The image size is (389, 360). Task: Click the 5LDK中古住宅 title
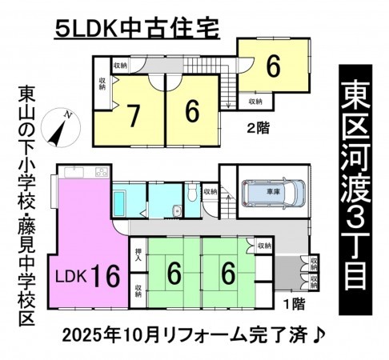point(137,28)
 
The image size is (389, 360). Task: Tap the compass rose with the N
point(61,128)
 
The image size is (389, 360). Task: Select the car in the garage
point(273,193)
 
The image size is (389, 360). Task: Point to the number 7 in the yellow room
point(133,115)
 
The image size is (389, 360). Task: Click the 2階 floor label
point(259,128)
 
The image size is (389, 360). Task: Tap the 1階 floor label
point(295,304)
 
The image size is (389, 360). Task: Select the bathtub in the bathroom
point(119,203)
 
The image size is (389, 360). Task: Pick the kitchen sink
point(74,172)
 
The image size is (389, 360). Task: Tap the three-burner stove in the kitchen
point(102,172)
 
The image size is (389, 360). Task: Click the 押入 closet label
point(138,254)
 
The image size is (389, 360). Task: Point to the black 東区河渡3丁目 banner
point(355,190)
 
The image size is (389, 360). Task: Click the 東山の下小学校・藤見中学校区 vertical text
point(27,206)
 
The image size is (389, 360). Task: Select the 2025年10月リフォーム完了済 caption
point(185,335)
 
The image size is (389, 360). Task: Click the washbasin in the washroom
point(177,211)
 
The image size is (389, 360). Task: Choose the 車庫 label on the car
point(274,191)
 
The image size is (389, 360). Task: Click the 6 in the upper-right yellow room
point(274,66)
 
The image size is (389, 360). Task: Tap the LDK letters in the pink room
point(71,277)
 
